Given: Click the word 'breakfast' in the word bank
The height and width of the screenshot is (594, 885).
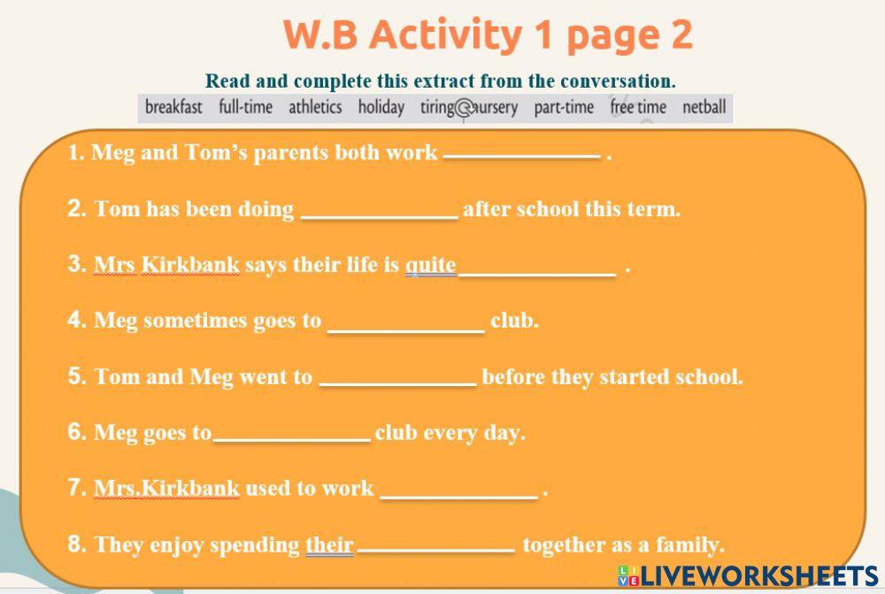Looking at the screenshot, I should tap(173, 107).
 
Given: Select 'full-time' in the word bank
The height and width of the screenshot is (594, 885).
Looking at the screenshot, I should tap(245, 107).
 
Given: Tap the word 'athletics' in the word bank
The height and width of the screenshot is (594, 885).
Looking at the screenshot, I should tap(315, 107).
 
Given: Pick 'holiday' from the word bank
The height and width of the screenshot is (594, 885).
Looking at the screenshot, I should tap(381, 107).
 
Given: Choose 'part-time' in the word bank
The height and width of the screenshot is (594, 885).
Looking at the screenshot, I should tap(564, 107).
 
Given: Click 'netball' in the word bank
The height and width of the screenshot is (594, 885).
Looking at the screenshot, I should tap(704, 107).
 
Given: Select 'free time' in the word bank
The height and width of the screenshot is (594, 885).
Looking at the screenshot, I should tap(638, 107).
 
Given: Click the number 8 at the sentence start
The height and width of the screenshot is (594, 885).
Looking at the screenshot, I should tap(75, 544).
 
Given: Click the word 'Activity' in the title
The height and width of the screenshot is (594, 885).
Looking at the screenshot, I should tap(447, 35).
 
